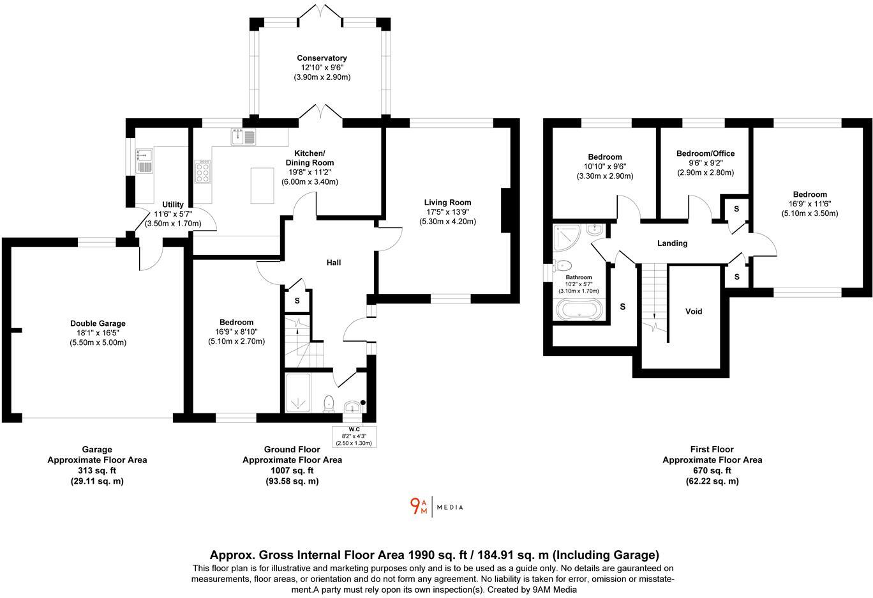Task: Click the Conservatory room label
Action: pos(322,58)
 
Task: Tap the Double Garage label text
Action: pos(98,323)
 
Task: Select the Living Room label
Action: pos(447,203)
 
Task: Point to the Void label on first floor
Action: pos(693,311)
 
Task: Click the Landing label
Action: pos(672,243)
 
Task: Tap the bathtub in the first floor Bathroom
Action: pos(579,310)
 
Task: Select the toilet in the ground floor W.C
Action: pos(329,402)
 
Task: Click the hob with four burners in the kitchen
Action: pos(203,171)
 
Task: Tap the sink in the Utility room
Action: pos(144,160)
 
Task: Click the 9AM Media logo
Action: pos(436,507)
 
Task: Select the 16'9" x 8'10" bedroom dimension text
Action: pos(236,332)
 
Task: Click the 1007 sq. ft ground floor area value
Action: pos(292,470)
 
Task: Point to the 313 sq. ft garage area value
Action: pos(97,470)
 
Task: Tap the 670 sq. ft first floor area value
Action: pos(712,470)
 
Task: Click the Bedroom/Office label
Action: pos(705,153)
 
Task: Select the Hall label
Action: pos(334,263)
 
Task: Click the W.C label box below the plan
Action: pos(354,436)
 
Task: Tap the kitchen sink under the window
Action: pos(243,136)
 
